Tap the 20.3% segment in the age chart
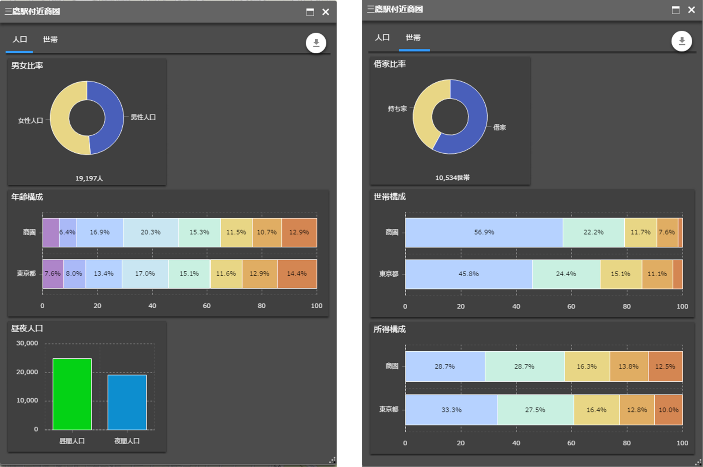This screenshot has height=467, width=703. [x=151, y=232]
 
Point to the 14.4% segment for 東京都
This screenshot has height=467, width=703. [x=297, y=274]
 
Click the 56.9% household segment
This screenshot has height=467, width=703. [x=484, y=232]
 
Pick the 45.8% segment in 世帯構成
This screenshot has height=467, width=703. [x=469, y=274]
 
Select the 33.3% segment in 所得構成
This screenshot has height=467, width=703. [x=451, y=410]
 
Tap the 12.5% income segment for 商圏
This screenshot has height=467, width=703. [x=665, y=366]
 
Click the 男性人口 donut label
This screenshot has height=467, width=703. [x=143, y=117]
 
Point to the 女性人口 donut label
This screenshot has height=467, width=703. [x=30, y=120]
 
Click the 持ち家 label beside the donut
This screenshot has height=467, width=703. [x=397, y=109]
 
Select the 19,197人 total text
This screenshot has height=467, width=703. [x=89, y=178]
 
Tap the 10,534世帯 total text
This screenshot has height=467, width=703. [x=452, y=178]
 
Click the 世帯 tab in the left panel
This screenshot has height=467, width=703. [x=50, y=40]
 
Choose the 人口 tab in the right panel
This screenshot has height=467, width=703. [x=382, y=38]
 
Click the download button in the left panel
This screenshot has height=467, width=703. [x=316, y=43]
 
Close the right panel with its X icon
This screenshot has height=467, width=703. [x=691, y=10]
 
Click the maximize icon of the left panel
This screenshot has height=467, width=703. [x=310, y=12]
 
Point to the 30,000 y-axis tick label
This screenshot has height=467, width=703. [x=27, y=343]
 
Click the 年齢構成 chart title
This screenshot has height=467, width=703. [x=27, y=197]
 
